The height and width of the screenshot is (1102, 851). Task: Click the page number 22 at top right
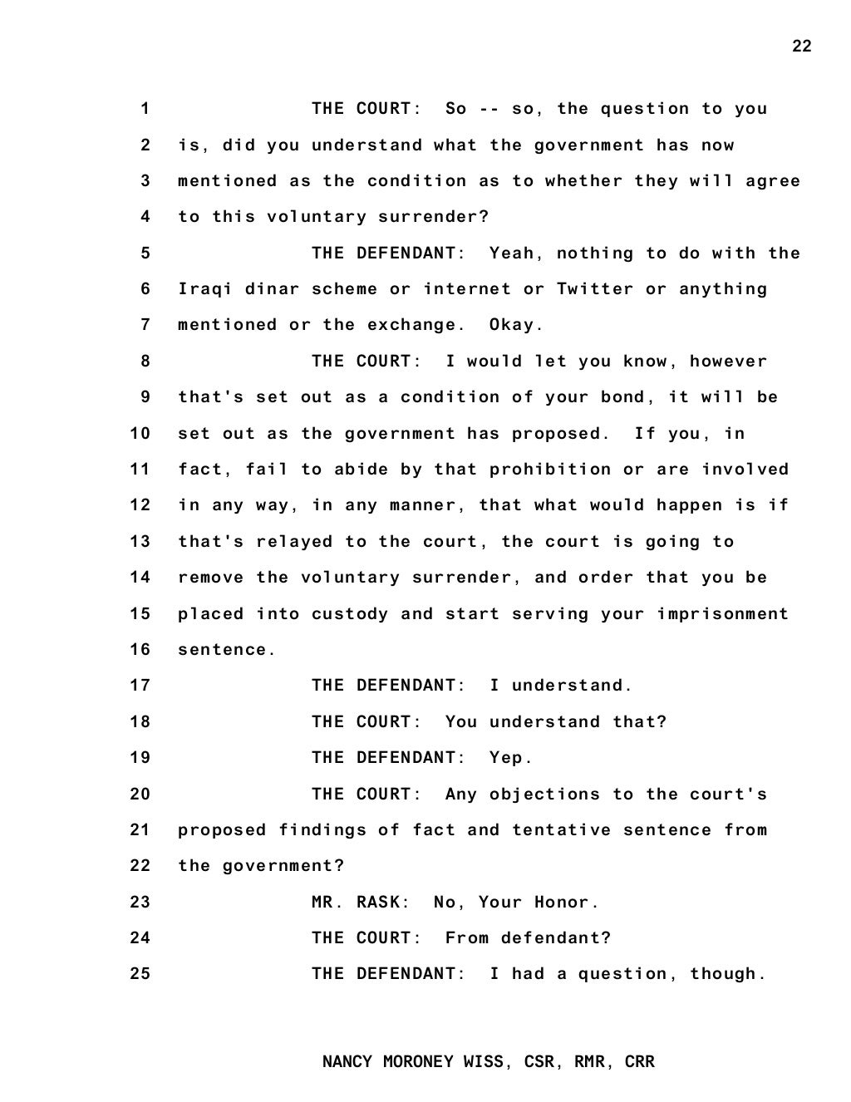pos(801,47)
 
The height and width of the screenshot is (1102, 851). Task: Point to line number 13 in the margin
pos(140,542)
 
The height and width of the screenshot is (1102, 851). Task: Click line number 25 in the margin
pos(140,973)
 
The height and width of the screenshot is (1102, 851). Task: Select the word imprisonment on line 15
pos(722,614)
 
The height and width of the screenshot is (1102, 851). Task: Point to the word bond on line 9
pos(623,397)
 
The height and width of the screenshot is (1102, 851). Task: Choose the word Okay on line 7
pos(515,325)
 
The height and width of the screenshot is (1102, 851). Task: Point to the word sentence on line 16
pos(225,650)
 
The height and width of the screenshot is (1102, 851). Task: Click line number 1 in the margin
pos(145,109)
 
